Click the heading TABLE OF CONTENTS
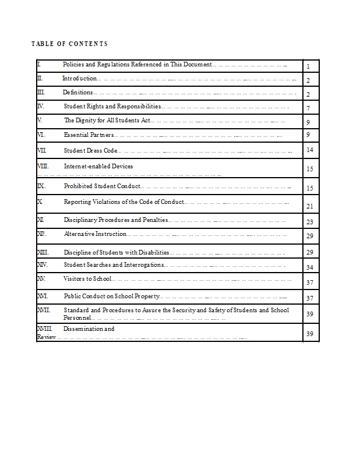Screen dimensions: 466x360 69,44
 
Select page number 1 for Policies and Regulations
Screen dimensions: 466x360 308,67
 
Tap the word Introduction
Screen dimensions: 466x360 79,78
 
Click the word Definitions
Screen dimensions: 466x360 78,92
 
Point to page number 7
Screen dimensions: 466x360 308,109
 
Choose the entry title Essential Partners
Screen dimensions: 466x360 89,135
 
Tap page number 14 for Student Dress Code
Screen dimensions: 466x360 310,150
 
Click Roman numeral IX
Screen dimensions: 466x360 41,186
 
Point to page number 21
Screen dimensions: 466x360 310,206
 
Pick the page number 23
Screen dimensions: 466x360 310,222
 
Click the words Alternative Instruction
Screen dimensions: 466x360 95,234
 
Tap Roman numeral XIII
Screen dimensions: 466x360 43,252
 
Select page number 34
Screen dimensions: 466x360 310,267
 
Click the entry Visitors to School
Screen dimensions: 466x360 87,279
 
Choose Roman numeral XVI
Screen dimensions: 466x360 43,296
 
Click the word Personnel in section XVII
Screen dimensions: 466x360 77,318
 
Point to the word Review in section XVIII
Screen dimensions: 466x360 46,337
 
